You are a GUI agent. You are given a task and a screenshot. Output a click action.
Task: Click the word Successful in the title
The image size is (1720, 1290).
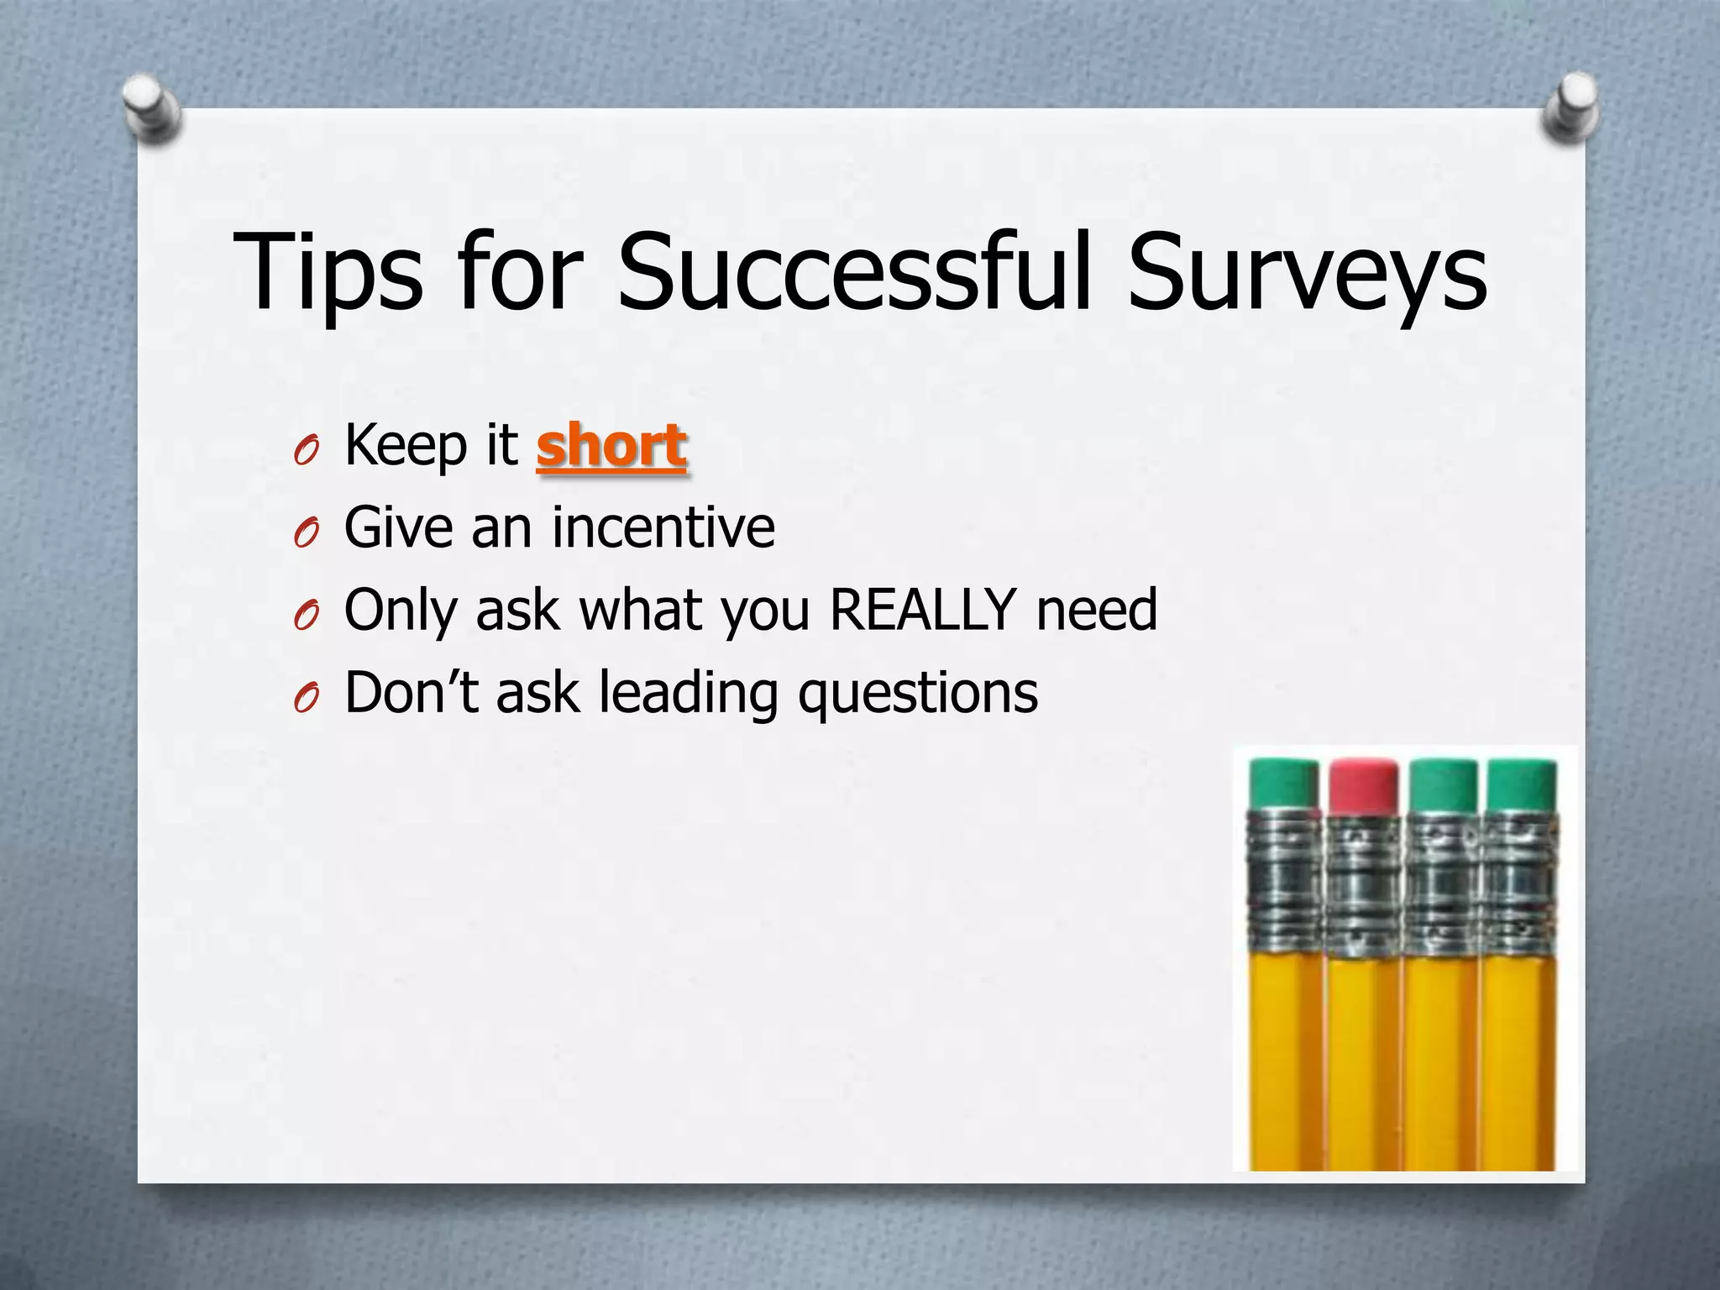(x=853, y=270)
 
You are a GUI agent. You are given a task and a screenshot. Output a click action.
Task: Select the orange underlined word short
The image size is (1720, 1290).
(x=611, y=446)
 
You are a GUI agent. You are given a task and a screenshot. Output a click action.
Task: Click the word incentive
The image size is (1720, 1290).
(x=663, y=527)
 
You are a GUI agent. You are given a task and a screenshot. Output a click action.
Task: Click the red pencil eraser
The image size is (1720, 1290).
(x=1364, y=786)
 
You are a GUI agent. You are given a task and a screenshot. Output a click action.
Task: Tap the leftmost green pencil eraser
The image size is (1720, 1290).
(x=1284, y=786)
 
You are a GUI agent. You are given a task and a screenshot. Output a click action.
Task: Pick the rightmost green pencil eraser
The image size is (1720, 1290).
(x=1522, y=786)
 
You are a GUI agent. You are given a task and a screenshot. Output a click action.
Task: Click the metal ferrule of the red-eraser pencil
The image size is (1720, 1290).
(x=1364, y=886)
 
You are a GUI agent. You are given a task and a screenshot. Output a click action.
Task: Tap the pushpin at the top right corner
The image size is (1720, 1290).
(x=1571, y=107)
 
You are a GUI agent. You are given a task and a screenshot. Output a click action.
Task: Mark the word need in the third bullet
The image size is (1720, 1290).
(x=1097, y=610)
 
